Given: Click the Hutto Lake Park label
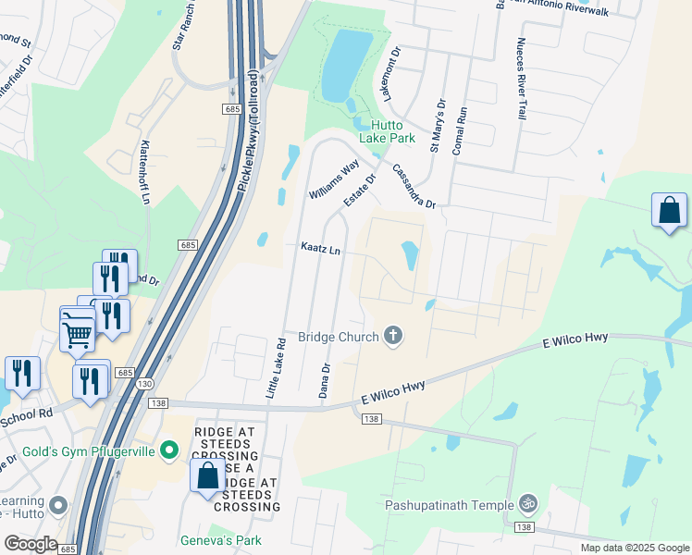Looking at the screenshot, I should click(x=393, y=130).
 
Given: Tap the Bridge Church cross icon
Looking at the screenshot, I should click(x=393, y=335).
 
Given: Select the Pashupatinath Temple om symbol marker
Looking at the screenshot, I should click(x=528, y=504).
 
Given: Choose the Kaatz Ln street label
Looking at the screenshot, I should click(x=320, y=250).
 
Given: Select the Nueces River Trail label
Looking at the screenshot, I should click(x=521, y=79).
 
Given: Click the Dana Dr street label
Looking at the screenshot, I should click(x=325, y=381).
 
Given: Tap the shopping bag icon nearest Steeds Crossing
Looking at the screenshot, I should click(x=207, y=476).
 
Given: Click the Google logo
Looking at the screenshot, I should click(x=30, y=544).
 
